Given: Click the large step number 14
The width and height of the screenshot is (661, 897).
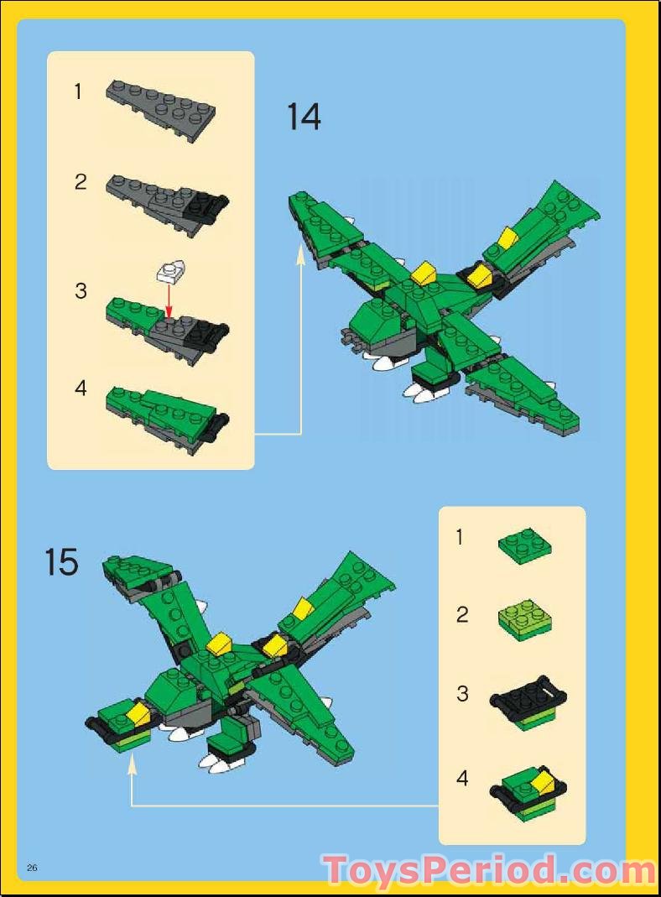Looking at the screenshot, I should coord(304,117).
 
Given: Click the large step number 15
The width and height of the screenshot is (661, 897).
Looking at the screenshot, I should coord(61,562).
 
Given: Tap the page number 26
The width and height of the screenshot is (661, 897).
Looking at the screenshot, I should coord(33,867).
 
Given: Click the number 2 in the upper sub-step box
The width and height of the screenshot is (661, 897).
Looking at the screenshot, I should coord(81,181).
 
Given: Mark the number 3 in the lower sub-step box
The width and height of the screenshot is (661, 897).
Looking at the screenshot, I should coord(462,694).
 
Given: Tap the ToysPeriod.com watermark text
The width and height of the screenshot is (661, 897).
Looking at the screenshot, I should coord(489,870).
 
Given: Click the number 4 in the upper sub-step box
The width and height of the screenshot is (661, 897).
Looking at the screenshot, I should coord(81,389).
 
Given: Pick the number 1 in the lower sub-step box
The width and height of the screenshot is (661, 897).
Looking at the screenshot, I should coord(459,537).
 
